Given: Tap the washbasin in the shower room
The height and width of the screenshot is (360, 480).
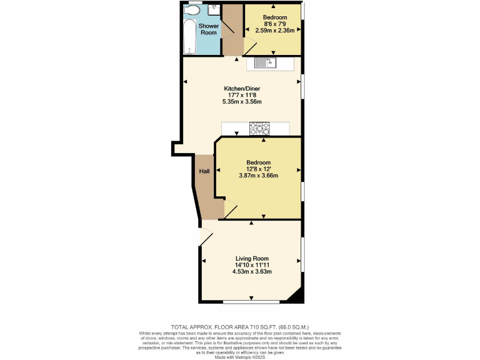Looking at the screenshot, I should (x=214, y=9).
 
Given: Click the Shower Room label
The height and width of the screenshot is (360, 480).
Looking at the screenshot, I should (x=209, y=29).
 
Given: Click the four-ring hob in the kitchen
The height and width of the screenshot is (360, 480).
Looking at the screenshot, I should (x=259, y=128).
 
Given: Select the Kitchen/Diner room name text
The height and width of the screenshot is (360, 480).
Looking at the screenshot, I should (x=241, y=89).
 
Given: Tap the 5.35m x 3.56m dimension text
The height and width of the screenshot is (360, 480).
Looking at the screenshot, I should (x=241, y=102).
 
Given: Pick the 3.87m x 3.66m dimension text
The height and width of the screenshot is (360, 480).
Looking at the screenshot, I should (x=258, y=176).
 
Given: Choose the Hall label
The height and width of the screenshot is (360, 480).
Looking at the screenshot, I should (x=204, y=172).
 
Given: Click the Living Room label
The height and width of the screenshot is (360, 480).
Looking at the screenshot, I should (x=252, y=258).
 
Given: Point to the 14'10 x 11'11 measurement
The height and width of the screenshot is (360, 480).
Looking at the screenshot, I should (x=252, y=265).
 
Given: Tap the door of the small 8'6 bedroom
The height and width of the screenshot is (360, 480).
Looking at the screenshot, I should (x=250, y=46).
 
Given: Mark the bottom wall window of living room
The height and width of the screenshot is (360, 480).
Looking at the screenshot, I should (x=251, y=302).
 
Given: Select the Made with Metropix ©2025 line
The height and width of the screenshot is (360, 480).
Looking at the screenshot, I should (x=240, y=355).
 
